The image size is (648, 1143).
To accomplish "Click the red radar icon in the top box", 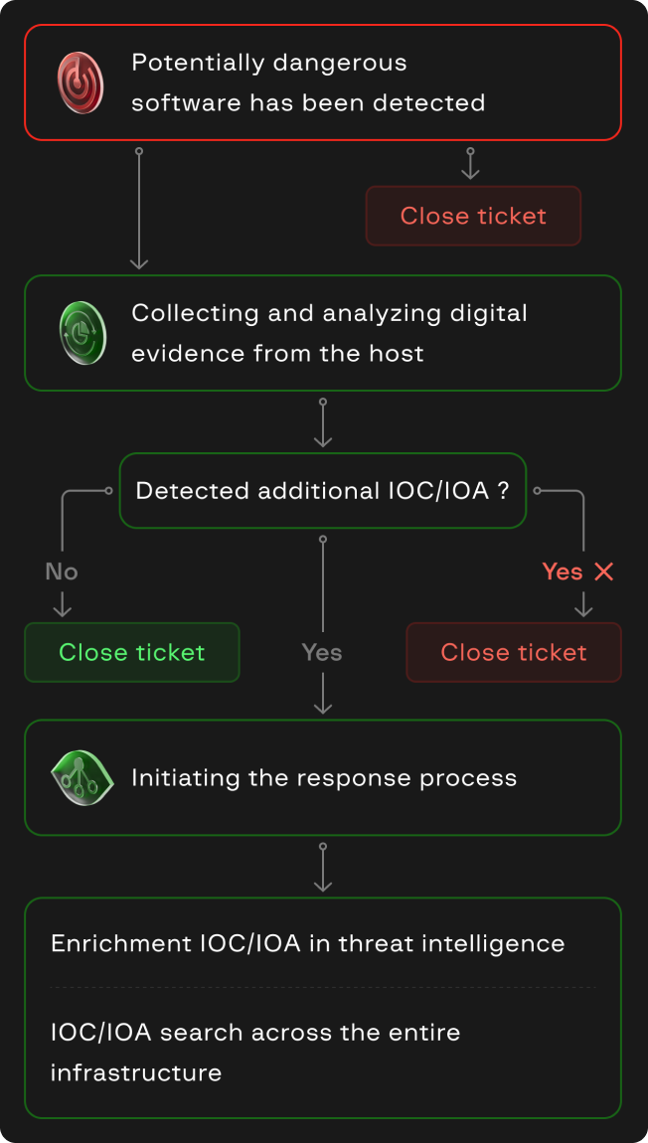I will pyautogui.click(x=81, y=82).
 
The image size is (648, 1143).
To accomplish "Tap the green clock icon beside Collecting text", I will pyautogui.click(x=81, y=333).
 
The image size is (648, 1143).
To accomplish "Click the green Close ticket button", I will pyautogui.click(x=132, y=652).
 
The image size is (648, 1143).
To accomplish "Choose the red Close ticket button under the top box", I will pyautogui.click(x=473, y=216).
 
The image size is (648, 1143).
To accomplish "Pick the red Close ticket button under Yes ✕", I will pyautogui.click(x=514, y=652).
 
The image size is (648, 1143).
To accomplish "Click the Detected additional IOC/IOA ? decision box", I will pyautogui.click(x=322, y=491).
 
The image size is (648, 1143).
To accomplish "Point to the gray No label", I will pyautogui.click(x=62, y=571).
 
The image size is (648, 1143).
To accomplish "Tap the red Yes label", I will pyautogui.click(x=563, y=571).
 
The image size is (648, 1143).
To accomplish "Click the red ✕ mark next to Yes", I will pyautogui.click(x=603, y=571).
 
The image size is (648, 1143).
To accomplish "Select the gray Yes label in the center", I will pyautogui.click(x=322, y=652).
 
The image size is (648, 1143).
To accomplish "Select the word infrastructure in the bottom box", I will pyautogui.click(x=136, y=1072).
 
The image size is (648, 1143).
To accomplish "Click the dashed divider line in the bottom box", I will pyautogui.click(x=323, y=987).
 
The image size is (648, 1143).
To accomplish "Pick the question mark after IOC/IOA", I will pyautogui.click(x=503, y=491).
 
